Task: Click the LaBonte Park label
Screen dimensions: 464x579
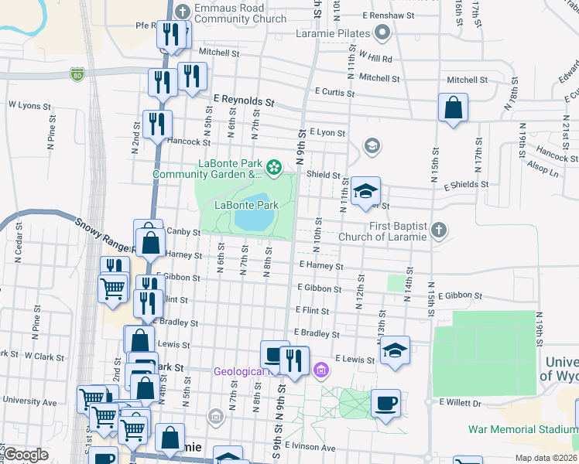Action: [246, 206]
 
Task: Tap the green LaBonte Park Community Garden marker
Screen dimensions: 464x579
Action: [273, 166]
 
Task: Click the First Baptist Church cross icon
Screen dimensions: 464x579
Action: [439, 230]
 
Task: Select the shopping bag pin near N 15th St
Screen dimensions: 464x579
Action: [453, 107]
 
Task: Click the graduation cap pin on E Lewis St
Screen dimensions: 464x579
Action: [395, 350]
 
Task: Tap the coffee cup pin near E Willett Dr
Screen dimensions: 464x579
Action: [385, 403]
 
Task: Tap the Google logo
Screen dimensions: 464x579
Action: [26, 455]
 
